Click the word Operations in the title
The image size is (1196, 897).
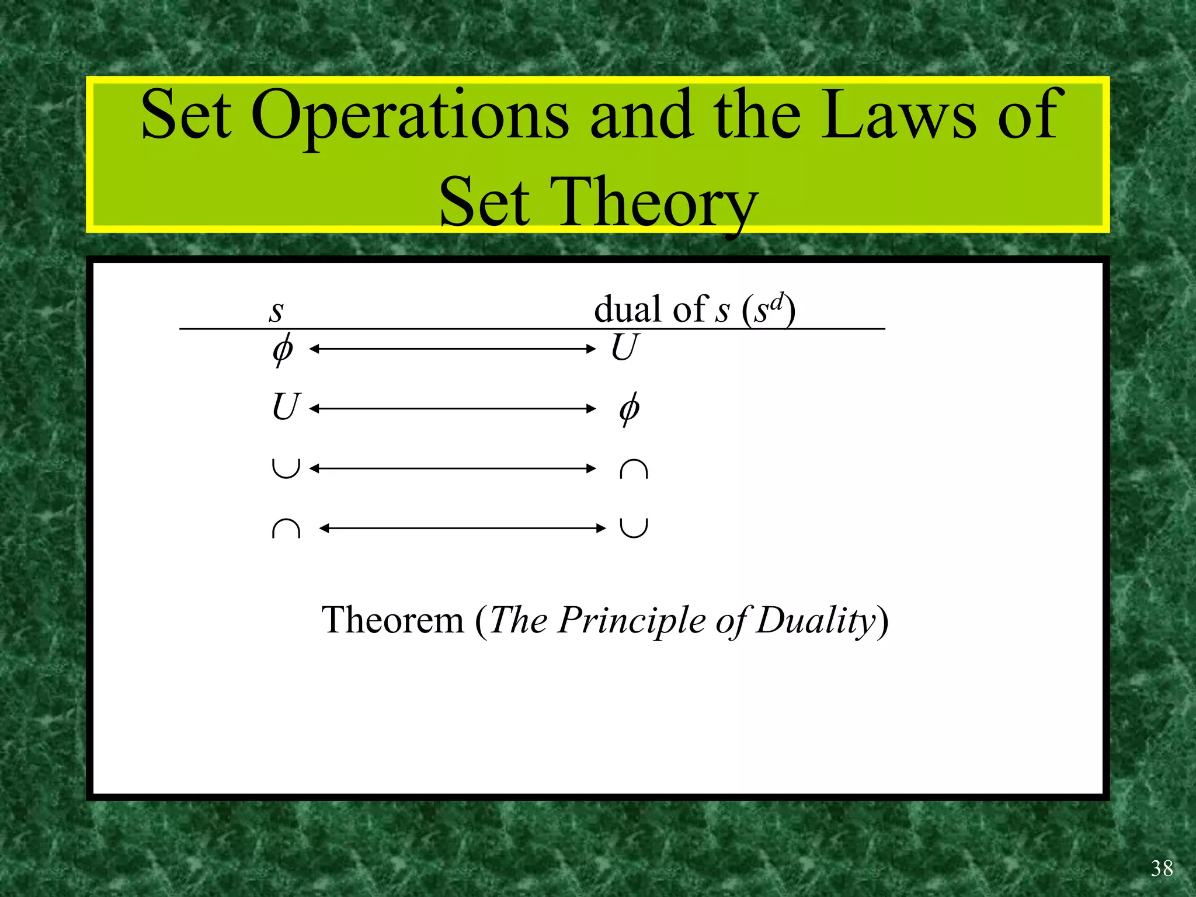(x=410, y=115)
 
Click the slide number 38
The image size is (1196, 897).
(x=1162, y=868)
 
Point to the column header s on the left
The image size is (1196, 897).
(x=276, y=311)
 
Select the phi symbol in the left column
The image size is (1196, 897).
(x=283, y=350)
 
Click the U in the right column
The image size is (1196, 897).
(x=624, y=347)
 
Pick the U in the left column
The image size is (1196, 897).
(x=286, y=407)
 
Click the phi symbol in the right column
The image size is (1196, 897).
(x=629, y=409)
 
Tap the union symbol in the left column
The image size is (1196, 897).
(x=286, y=468)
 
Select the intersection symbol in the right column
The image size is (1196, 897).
(x=634, y=469)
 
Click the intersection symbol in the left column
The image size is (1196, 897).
(x=286, y=529)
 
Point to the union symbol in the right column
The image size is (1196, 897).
(x=634, y=527)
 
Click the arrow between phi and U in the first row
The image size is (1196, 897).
(x=452, y=349)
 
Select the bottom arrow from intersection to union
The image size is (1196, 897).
(x=463, y=529)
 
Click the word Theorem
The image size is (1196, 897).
(x=392, y=620)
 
